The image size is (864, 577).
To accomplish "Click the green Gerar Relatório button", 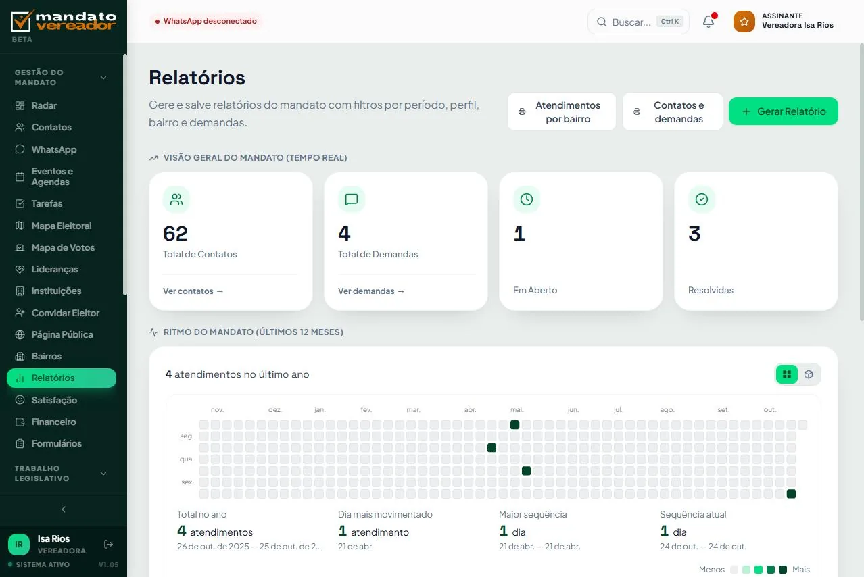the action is pos(783,111).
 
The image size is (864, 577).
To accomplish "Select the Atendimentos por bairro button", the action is pos(562,111).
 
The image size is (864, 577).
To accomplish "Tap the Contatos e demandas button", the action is pos(672,111).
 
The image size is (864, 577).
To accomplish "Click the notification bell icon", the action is pos(709,21).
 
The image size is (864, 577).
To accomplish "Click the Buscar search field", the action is pos(638,22).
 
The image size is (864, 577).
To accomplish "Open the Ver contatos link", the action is pos(193,291).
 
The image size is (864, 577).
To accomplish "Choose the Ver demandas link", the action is pos(371,291).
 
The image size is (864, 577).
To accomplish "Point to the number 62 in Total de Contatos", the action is pos(176,233).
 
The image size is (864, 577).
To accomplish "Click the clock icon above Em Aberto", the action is pos(527,199).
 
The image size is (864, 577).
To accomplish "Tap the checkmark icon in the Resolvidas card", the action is pos(702,199).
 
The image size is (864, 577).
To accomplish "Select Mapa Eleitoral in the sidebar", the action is pos(62,226).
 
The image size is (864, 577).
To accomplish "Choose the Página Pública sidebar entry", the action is pos(62,334).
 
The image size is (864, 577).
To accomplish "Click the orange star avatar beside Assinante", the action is pos(744,21).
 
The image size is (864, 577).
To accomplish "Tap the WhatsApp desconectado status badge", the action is pos(206,21).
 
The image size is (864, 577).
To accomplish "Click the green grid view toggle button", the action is pos(787,374).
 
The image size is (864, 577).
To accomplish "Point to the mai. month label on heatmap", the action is pos(517,409).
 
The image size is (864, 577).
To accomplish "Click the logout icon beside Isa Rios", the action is pos(108,545).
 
